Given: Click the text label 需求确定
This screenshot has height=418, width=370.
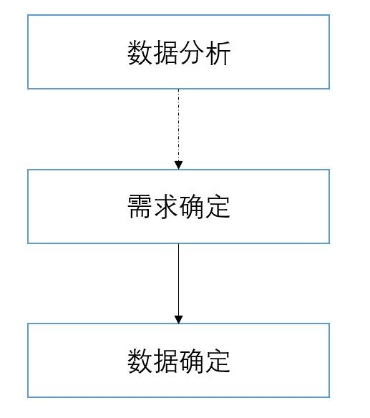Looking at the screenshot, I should pyautogui.click(x=179, y=207).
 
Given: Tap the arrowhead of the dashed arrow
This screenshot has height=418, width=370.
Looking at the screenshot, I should pyautogui.click(x=179, y=165).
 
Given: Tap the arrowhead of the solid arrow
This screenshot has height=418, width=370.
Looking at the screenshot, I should pyautogui.click(x=179, y=319).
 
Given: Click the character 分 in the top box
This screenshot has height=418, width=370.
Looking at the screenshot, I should pyautogui.click(x=192, y=53).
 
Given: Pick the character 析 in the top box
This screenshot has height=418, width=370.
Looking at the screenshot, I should pyautogui.click(x=218, y=53).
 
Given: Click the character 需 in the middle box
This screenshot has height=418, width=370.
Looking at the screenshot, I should pyautogui.click(x=140, y=207).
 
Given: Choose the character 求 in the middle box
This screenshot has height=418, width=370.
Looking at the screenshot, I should pyautogui.click(x=166, y=207).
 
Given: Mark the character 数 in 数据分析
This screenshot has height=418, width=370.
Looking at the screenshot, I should pyautogui.click(x=140, y=53).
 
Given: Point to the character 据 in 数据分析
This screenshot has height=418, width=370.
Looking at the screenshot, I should pyautogui.click(x=166, y=53).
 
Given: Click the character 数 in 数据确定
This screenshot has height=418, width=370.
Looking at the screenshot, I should pyautogui.click(x=140, y=361).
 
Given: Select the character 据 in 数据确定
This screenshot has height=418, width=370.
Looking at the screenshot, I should pyautogui.click(x=166, y=361).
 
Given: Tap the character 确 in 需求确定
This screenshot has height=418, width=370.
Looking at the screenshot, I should pyautogui.click(x=192, y=207).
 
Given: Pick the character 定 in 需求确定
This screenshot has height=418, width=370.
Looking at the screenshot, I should pyautogui.click(x=218, y=207).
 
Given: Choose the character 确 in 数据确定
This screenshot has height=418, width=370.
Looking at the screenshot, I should pyautogui.click(x=192, y=361).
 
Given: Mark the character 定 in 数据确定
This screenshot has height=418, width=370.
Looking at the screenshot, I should pyautogui.click(x=218, y=361).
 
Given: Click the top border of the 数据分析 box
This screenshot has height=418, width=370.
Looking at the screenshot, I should pyautogui.click(x=179, y=15).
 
